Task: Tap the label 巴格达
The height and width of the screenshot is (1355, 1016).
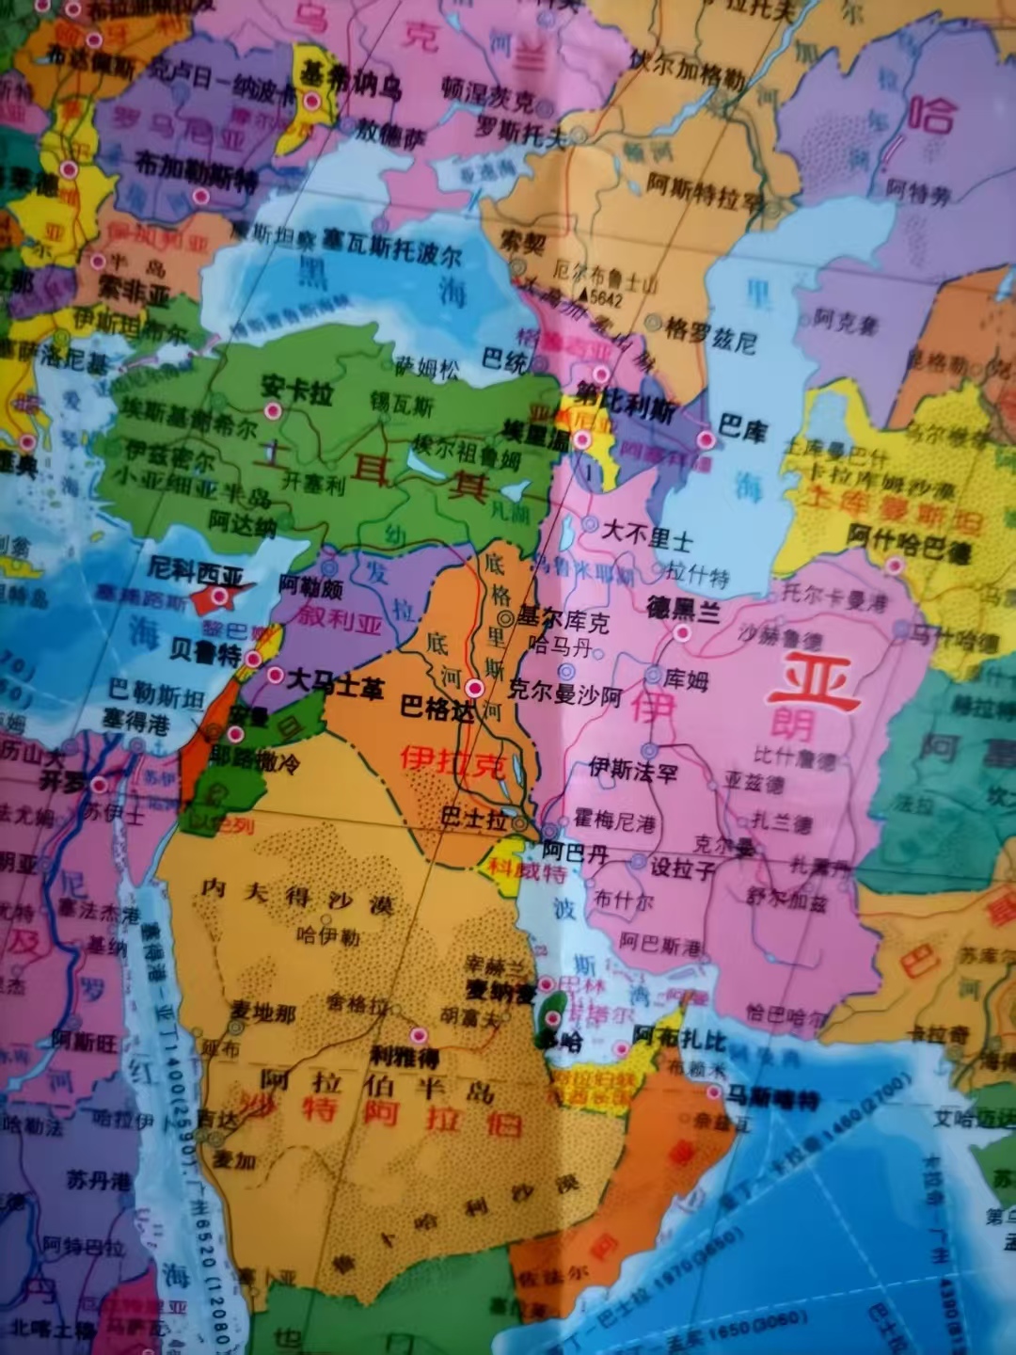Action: tap(437, 708)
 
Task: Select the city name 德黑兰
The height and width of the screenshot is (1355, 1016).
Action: tap(683, 610)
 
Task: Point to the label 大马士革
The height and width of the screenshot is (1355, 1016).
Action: tap(335, 684)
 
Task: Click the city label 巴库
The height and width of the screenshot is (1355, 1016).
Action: tap(743, 429)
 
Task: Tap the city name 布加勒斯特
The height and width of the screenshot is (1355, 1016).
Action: tap(196, 169)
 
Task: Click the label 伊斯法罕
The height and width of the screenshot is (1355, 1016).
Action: tap(633, 771)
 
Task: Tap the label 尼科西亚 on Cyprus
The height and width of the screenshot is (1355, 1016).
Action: tap(196, 571)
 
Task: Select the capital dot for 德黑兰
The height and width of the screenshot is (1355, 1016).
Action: tap(683, 633)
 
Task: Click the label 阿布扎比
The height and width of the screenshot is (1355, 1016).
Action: tap(679, 1038)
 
